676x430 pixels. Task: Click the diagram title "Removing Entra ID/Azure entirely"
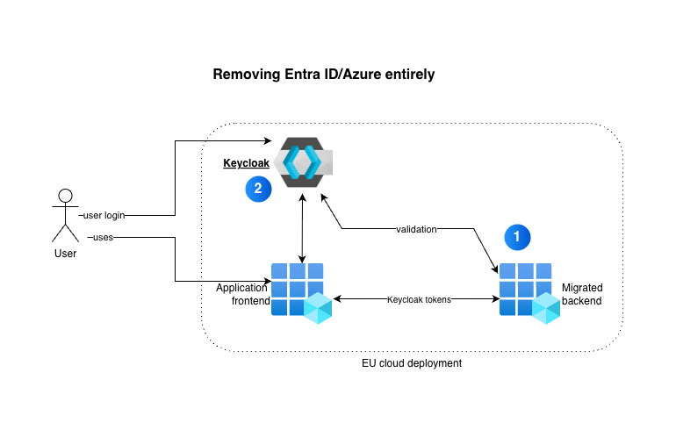[324, 75]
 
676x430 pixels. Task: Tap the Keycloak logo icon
[302, 161]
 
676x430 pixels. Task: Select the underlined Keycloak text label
[246, 163]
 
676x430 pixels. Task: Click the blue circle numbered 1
[517, 235]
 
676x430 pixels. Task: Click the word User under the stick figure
[65, 254]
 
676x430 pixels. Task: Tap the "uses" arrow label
[101, 237]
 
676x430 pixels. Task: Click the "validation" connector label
[416, 229]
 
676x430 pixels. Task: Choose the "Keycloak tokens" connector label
[419, 299]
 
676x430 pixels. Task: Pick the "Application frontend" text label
[243, 294]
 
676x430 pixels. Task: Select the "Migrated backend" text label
[582, 294]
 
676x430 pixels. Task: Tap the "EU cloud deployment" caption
[412, 363]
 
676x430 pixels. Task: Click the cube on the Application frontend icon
[317, 307]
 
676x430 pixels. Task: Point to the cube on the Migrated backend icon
[546, 307]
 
